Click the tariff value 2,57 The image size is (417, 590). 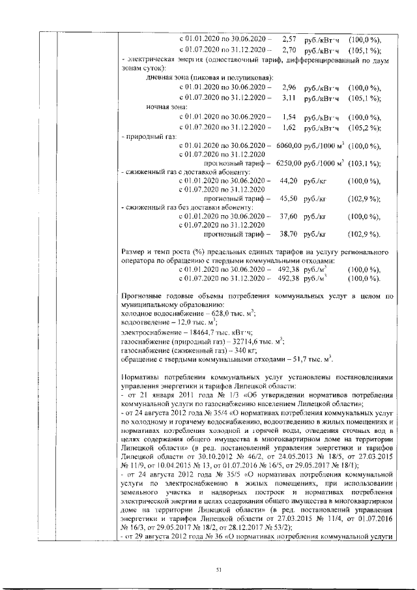coord(290,39)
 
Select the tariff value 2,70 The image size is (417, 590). coord(290,50)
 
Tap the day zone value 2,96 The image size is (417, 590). coord(290,87)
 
